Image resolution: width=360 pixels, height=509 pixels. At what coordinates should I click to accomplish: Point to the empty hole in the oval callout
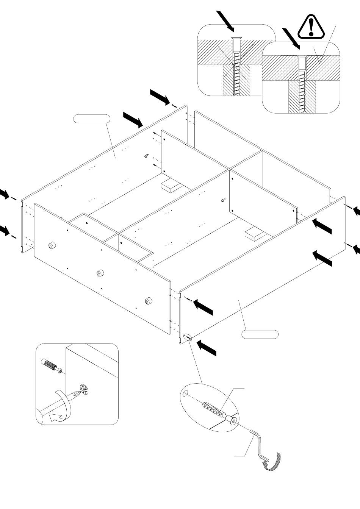tap(185, 394)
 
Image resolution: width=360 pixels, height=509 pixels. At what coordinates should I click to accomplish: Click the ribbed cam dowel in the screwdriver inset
tap(51, 366)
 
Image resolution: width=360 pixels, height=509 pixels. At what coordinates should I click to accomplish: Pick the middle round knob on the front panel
tap(100, 273)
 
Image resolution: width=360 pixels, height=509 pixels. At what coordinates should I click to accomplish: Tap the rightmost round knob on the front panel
tap(148, 301)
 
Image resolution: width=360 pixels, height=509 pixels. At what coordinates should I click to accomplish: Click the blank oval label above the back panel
tap(91, 119)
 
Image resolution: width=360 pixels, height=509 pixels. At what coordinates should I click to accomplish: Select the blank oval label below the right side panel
tap(260, 334)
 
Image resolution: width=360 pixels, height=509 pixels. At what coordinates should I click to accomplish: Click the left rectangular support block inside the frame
tap(171, 186)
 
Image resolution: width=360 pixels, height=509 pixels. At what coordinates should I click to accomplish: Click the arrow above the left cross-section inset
tap(226, 21)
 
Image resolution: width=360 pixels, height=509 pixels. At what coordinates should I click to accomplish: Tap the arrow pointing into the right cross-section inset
tap(291, 38)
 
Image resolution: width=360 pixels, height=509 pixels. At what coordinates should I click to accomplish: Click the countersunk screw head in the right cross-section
tap(302, 58)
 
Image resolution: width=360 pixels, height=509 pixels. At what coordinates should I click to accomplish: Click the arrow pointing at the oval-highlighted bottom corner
tap(207, 347)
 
